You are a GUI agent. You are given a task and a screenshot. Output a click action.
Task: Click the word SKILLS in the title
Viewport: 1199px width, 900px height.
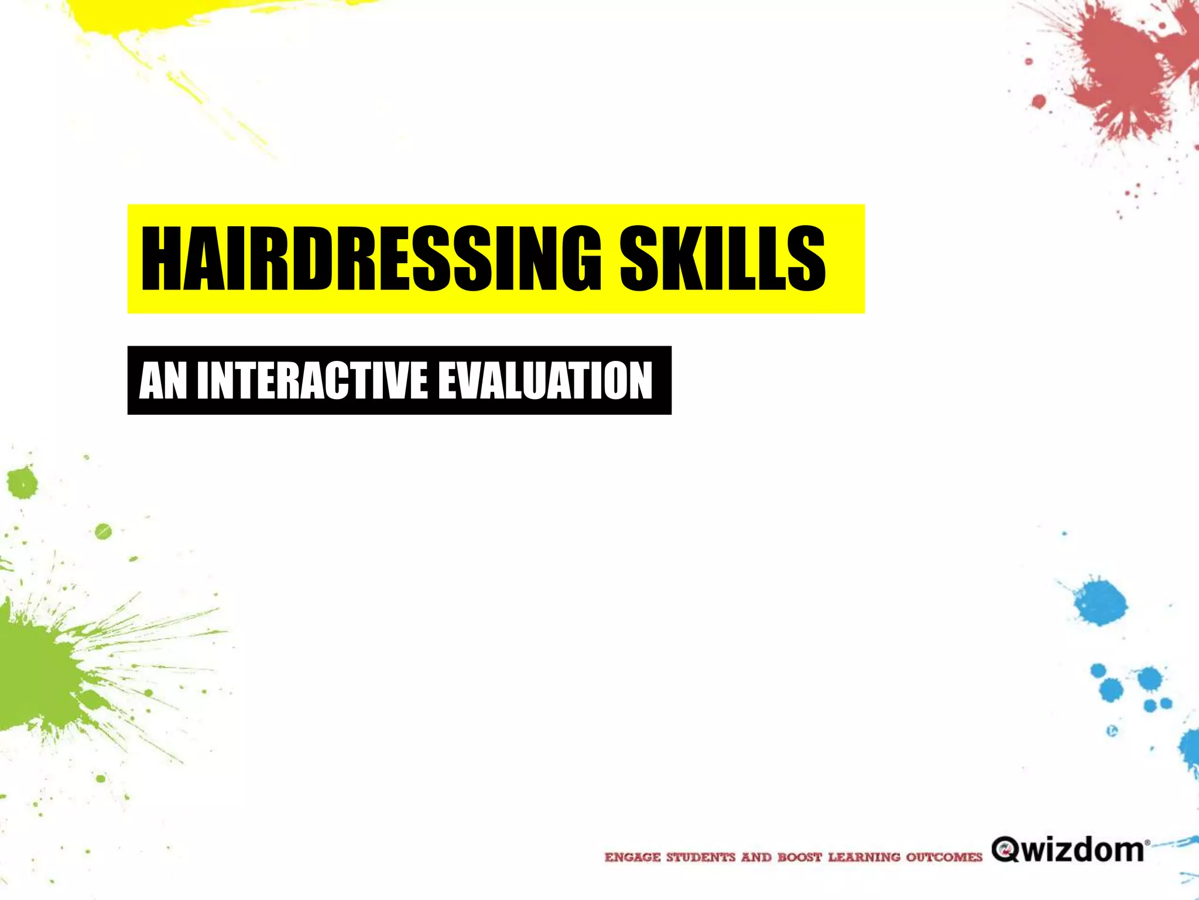(x=722, y=258)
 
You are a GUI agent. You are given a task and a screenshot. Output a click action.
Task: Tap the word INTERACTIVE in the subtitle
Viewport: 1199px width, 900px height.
(x=313, y=381)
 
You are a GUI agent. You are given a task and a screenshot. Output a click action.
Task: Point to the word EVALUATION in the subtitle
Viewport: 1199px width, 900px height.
(x=545, y=381)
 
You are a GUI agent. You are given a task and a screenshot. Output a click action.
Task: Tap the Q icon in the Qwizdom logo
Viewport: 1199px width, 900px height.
(x=1005, y=849)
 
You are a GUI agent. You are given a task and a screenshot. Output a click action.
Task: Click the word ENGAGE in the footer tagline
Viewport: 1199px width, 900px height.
(x=632, y=857)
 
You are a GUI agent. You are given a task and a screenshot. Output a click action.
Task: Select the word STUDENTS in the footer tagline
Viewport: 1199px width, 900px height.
(x=701, y=857)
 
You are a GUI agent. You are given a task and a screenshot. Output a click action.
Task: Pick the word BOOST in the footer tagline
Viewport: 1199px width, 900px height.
(x=800, y=857)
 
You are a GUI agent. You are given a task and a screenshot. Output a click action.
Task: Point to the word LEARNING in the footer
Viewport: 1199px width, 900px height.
(x=864, y=857)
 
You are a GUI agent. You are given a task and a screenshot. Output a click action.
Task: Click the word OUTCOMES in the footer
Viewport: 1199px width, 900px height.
(x=944, y=857)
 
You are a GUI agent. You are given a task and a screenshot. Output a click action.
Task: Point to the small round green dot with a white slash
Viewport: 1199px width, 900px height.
(x=103, y=531)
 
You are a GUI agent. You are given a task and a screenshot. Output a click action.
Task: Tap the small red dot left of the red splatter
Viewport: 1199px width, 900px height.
(x=1039, y=101)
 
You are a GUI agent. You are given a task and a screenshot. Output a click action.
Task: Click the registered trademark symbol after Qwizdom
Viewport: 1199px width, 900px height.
(x=1147, y=843)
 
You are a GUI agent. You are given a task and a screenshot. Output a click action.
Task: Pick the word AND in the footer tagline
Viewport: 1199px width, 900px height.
(x=756, y=857)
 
